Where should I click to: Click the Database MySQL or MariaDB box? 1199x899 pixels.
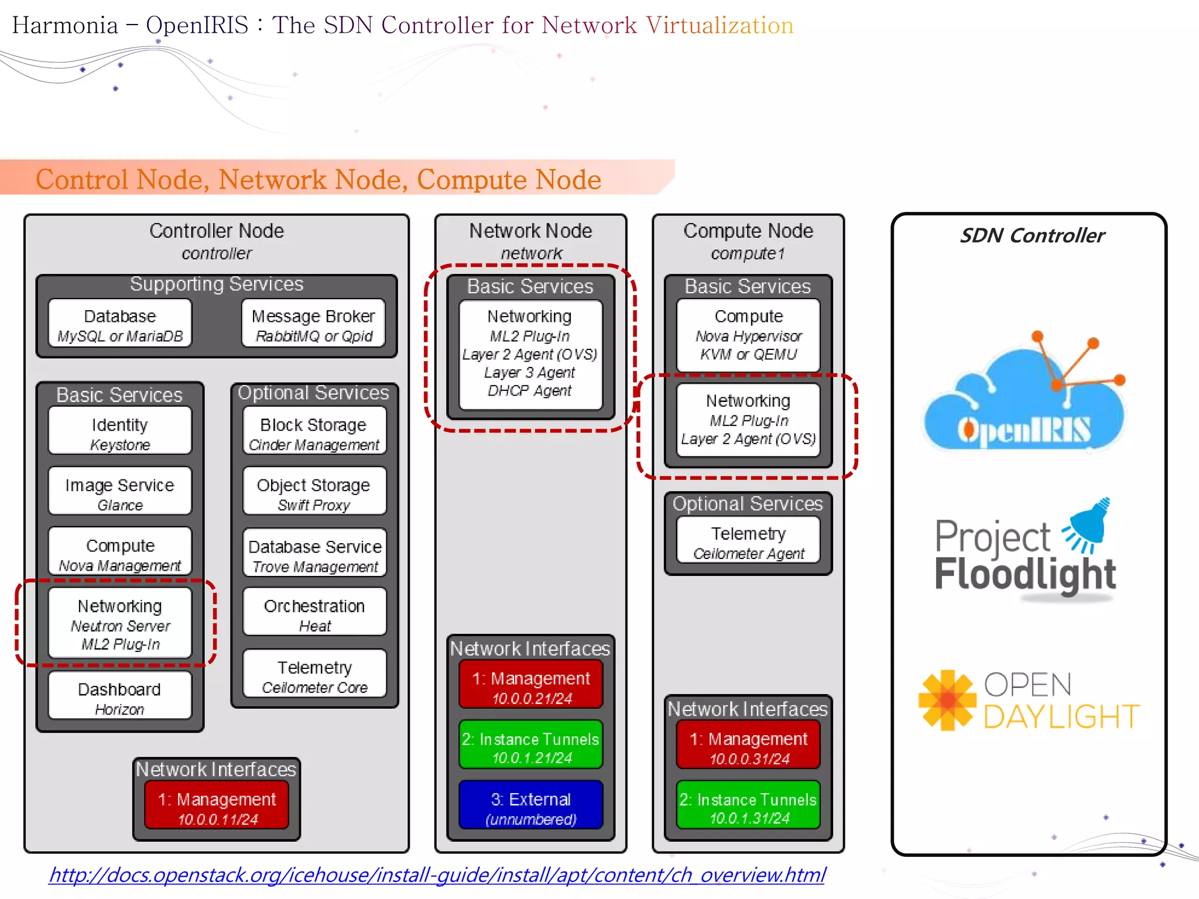click(x=120, y=325)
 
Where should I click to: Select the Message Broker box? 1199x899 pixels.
click(x=313, y=325)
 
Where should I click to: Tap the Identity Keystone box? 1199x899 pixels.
click(x=120, y=433)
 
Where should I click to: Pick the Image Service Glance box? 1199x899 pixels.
click(x=120, y=493)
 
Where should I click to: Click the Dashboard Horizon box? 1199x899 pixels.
click(x=120, y=697)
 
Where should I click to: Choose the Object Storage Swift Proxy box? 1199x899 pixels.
click(x=314, y=493)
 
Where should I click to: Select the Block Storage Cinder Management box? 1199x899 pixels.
click(x=314, y=433)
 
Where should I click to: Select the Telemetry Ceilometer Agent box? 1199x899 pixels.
click(x=748, y=541)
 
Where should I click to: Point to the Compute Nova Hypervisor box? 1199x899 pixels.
click(x=748, y=335)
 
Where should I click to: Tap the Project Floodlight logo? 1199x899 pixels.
click(x=1025, y=553)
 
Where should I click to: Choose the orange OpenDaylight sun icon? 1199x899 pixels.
click(x=947, y=700)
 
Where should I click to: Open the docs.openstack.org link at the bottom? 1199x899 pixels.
click(x=437, y=874)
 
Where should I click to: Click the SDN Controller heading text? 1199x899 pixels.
click(x=1032, y=235)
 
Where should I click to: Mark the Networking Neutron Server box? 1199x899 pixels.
click(x=120, y=623)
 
